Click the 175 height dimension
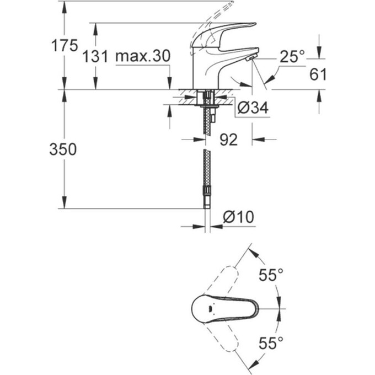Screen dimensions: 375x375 [65, 46]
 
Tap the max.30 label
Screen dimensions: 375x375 [142, 56]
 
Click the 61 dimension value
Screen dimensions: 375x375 [318, 74]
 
